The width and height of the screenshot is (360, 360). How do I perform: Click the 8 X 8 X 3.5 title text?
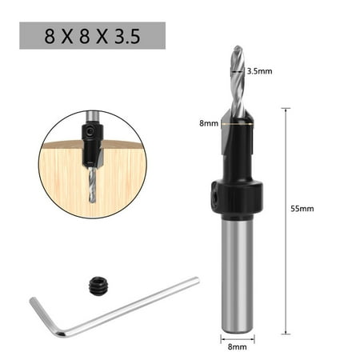tap(91, 35)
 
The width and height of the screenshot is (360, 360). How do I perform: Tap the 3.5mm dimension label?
tap(261, 71)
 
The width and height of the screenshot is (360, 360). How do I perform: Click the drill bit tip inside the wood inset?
tap(90, 197)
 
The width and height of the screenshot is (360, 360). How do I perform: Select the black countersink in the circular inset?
tap(90, 147)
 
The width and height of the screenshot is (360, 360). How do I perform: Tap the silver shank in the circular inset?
tap(90, 126)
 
